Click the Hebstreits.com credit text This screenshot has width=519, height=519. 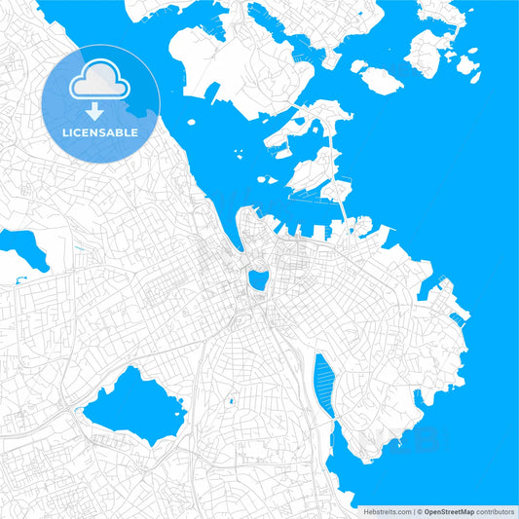coord(387,510)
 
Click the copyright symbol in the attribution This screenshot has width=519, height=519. coord(420,510)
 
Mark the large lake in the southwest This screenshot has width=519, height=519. coord(134,406)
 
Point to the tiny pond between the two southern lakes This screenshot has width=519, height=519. coord(231,400)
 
